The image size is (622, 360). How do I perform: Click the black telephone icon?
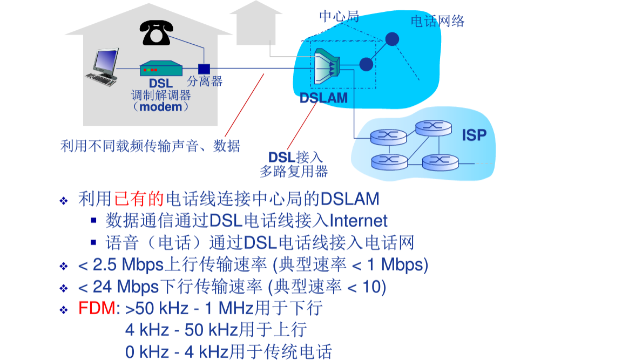tap(155, 33)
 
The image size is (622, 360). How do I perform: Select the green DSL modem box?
tap(160, 69)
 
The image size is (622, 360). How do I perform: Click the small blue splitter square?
tap(204, 69)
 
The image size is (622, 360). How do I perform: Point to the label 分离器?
tap(205, 82)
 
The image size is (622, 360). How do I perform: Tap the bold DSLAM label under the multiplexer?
tap(324, 98)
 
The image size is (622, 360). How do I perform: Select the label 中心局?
tap(339, 16)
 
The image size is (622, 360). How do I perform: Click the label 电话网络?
tap(437, 21)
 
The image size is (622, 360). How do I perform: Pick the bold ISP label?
tap(474, 135)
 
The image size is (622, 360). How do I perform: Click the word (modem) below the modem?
tap(161, 107)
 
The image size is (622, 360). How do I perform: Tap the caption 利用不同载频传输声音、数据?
tap(150, 146)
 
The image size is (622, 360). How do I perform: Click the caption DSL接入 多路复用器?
tap(294, 165)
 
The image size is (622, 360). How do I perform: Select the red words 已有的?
tap(139, 199)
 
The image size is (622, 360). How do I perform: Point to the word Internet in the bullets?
tap(359, 221)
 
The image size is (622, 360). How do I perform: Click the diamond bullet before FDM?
tap(64, 310)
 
